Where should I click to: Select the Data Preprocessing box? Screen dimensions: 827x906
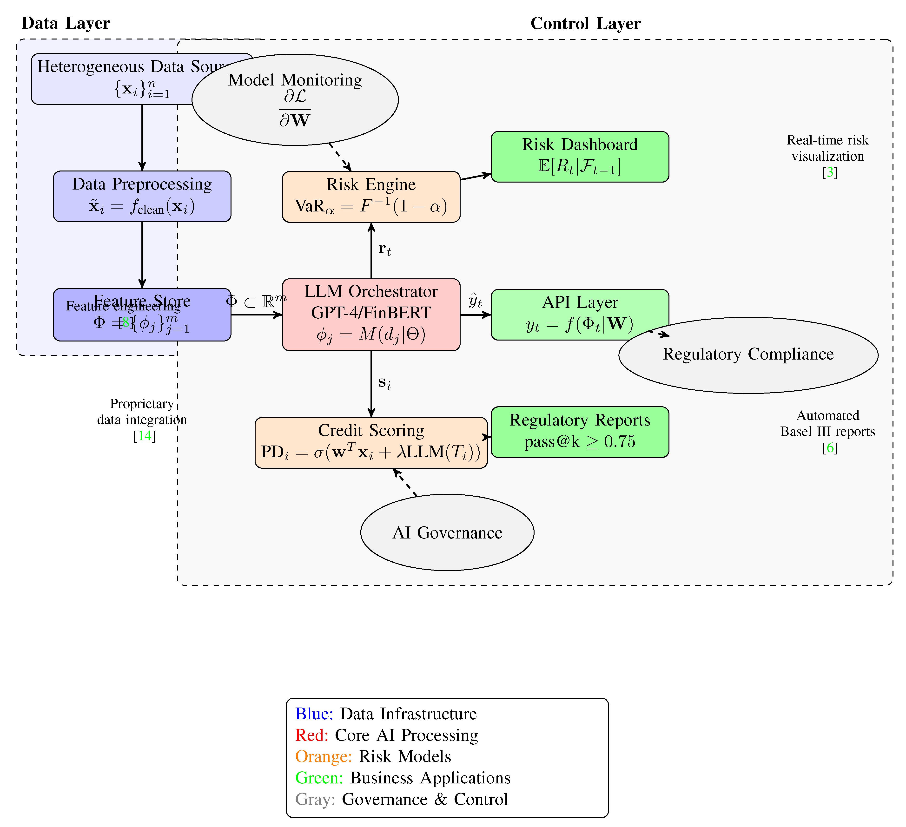[142, 196]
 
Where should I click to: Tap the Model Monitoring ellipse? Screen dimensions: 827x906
[295, 100]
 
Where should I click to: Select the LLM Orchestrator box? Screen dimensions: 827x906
[371, 315]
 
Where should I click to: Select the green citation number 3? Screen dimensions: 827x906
[830, 172]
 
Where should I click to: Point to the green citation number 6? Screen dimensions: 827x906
[830, 448]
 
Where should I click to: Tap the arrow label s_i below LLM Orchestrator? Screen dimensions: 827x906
[384, 383]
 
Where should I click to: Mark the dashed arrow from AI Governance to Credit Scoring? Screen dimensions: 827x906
[405, 482]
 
